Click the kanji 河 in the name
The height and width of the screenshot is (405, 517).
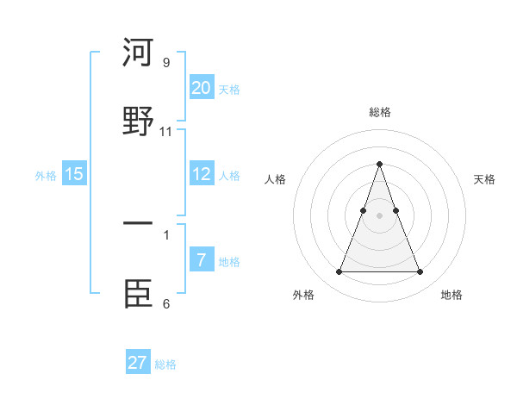click(x=138, y=53)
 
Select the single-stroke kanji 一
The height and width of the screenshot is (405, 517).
click(x=138, y=225)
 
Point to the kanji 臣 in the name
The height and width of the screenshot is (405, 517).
click(x=138, y=292)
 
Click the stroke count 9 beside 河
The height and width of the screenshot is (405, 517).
click(x=166, y=63)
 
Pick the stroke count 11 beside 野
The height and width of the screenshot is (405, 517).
click(x=166, y=131)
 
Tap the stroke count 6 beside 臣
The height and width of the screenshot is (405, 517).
click(x=166, y=303)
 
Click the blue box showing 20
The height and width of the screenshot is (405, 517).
click(x=202, y=87)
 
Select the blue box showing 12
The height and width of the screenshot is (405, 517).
click(x=202, y=173)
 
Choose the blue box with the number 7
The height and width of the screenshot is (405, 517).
click(x=202, y=259)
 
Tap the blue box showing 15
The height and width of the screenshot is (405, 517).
click(x=74, y=173)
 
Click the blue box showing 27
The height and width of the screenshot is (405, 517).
click(x=138, y=362)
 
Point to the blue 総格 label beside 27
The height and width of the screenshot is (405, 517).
click(x=165, y=364)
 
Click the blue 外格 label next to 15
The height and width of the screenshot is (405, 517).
click(x=46, y=176)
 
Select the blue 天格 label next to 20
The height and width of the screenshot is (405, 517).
click(x=229, y=90)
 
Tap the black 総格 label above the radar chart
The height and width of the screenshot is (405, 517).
click(x=379, y=112)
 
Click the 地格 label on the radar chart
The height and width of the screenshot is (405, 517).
click(x=452, y=295)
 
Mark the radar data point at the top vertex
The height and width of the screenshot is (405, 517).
click(x=379, y=163)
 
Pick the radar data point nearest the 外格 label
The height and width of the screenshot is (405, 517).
click(x=339, y=272)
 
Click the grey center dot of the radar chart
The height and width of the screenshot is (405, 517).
click(x=379, y=215)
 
